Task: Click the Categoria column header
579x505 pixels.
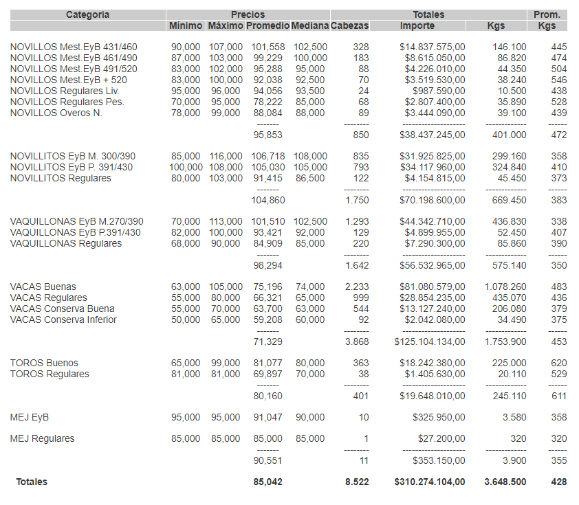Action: coord(87,14)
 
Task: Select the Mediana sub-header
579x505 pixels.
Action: coord(309,26)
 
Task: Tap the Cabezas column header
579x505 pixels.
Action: coord(349,26)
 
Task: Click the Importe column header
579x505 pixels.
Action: coord(417,26)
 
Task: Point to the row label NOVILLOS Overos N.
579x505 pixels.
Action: coord(56,113)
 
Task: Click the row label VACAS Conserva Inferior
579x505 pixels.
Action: coord(63,320)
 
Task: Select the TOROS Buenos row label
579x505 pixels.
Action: coord(44,363)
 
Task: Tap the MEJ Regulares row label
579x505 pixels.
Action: coord(43,439)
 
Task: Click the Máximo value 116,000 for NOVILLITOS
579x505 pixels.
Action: coord(226,157)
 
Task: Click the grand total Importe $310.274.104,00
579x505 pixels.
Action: coord(429,482)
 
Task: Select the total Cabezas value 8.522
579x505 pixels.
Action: coord(357,482)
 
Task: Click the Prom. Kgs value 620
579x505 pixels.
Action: coord(559,363)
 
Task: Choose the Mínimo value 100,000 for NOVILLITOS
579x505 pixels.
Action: coord(186,168)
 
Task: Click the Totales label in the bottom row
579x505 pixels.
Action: coord(32,482)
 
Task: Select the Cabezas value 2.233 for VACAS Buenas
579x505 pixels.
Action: coord(357,287)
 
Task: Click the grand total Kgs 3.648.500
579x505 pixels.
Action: coord(505,482)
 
